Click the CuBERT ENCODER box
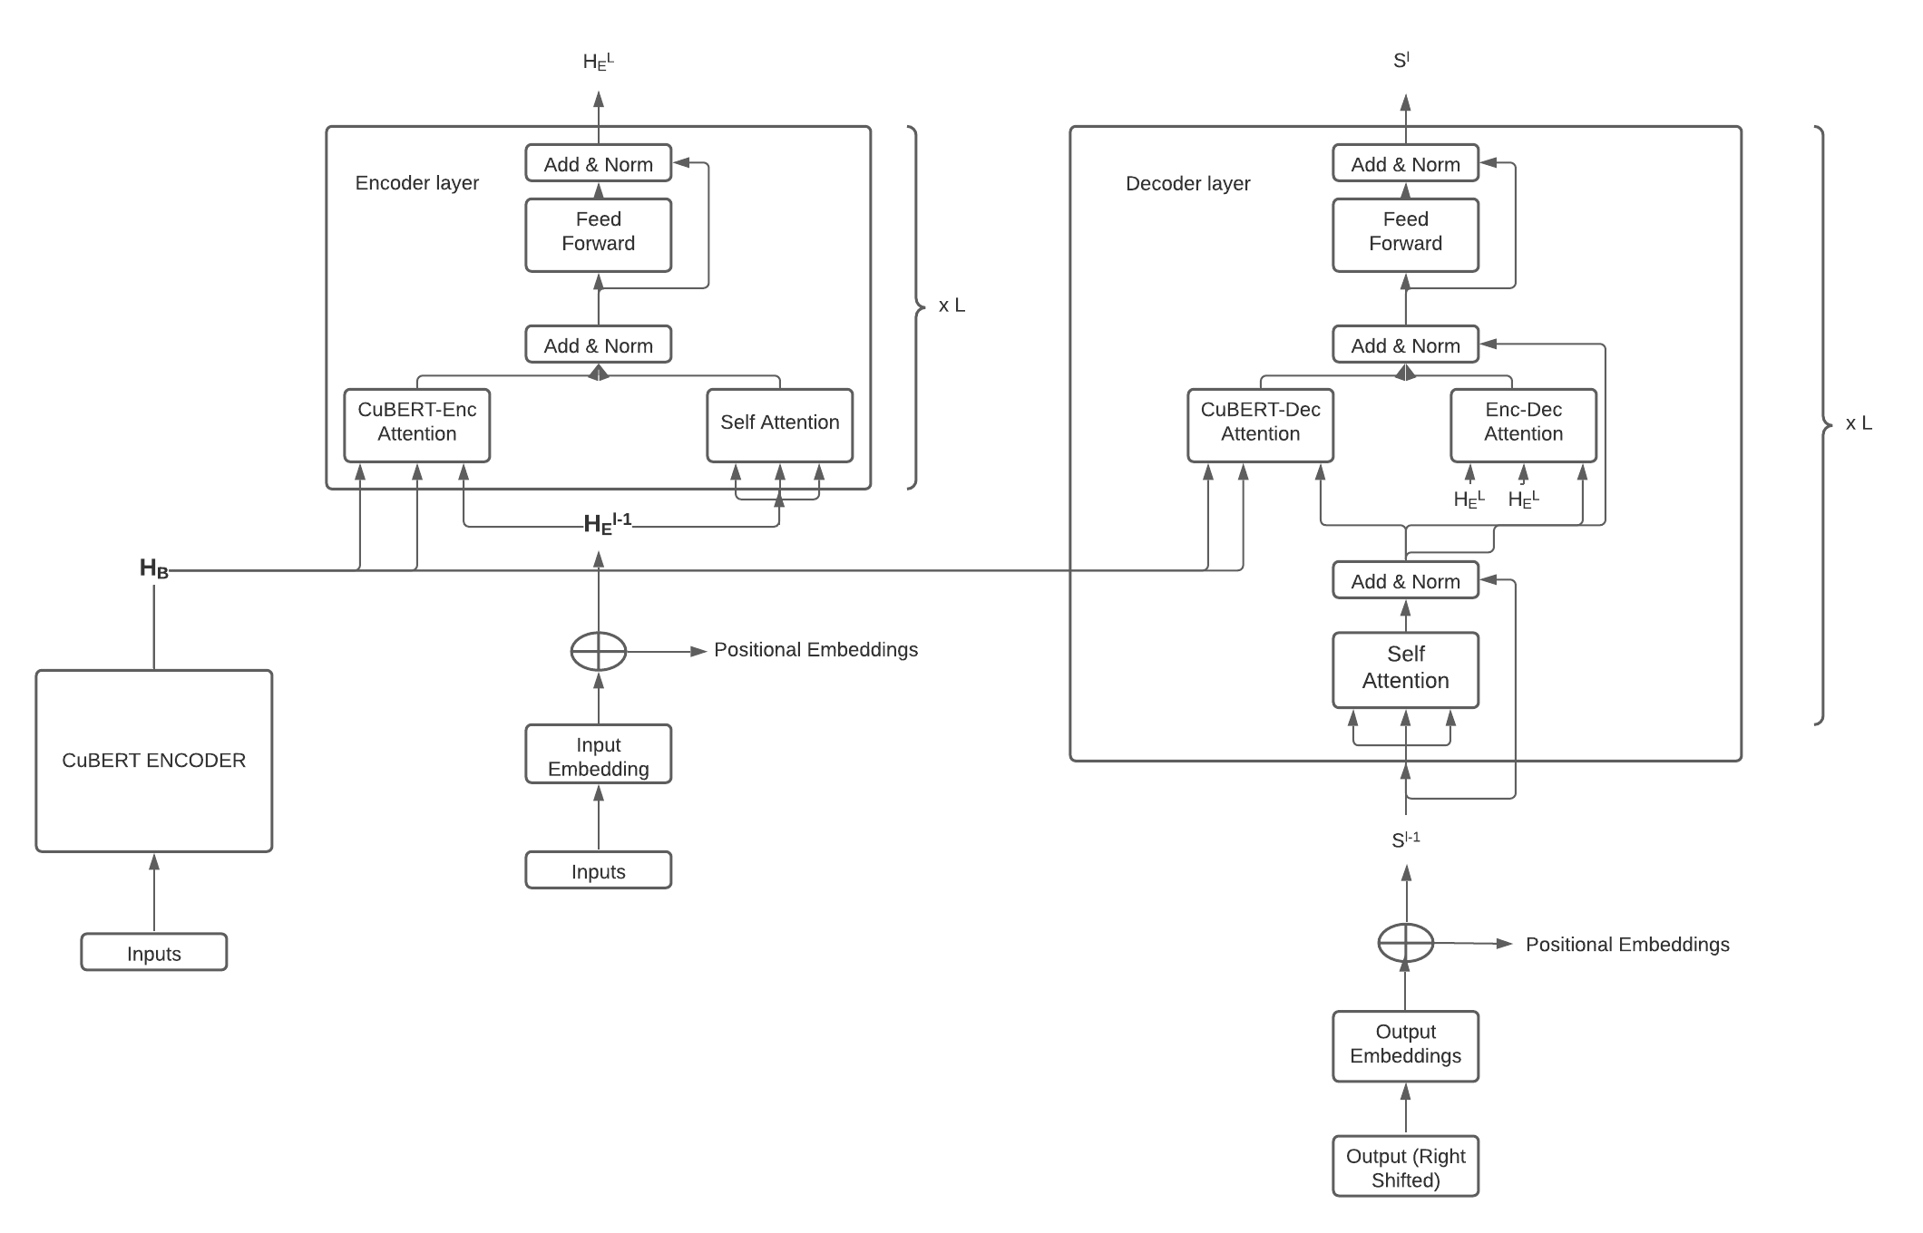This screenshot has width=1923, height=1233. coord(153,760)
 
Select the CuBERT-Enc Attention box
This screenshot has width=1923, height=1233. coord(416,424)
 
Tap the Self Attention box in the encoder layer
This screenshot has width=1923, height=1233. coord(779,424)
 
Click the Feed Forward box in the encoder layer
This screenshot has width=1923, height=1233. coord(598,234)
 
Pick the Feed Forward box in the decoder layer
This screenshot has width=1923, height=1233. coord(1405,234)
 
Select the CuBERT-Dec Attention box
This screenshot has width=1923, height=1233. coord(1260,424)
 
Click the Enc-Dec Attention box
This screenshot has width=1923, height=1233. coord(1523,424)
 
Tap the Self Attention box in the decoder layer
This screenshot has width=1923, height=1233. coord(1405,669)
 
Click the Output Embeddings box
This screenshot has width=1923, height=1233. coord(1405,1045)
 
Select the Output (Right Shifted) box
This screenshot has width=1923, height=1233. coord(1405,1166)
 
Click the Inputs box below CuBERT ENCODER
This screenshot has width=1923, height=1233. coord(153,952)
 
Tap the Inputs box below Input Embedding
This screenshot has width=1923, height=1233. coord(598,870)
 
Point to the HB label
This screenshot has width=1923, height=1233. coord(153,569)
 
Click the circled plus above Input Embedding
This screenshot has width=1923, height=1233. coord(598,651)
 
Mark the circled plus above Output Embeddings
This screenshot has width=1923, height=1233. coord(1405,943)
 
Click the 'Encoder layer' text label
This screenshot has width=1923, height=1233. coord(416,182)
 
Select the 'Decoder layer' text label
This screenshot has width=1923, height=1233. coord(1187,183)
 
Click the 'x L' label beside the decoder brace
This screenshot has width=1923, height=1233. coord(1859,423)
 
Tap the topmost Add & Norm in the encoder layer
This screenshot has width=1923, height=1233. coord(598,163)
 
